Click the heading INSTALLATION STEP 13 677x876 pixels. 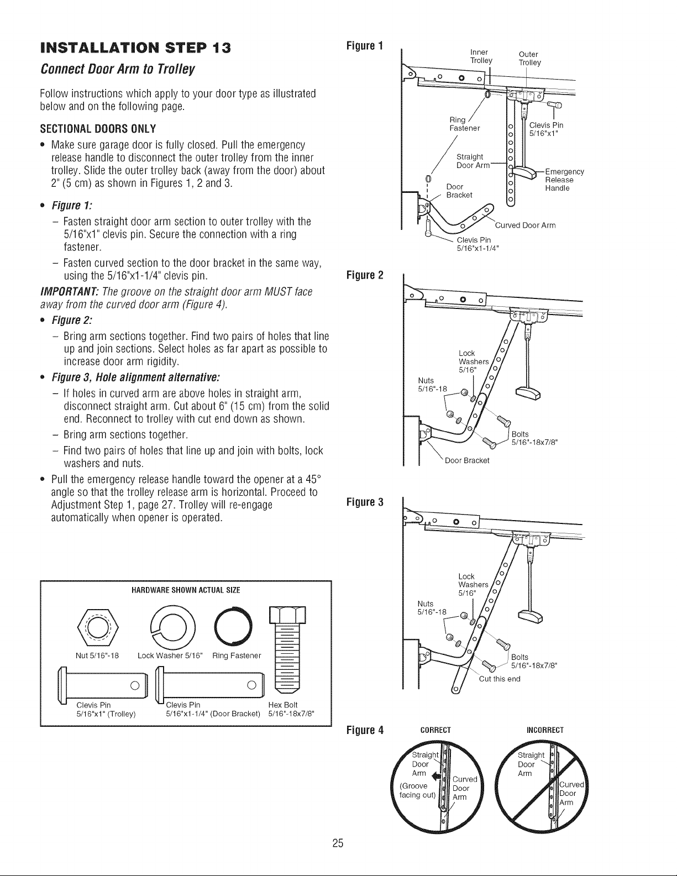pyautogui.click(x=136, y=48)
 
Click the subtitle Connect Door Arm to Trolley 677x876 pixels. pyautogui.click(x=117, y=69)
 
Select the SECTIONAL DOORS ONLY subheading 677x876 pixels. pyautogui.click(x=98, y=129)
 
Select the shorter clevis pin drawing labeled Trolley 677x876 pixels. pyautogui.click(x=104, y=684)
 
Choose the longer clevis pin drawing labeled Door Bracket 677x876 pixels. pyautogui.click(x=211, y=684)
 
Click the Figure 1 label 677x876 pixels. pyautogui.click(x=365, y=45)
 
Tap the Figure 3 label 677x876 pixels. pyautogui.click(x=365, y=502)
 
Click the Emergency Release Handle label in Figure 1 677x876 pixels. pyautogui.click(x=564, y=180)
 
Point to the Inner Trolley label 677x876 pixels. pyautogui.click(x=481, y=56)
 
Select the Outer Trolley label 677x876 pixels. pyautogui.click(x=529, y=59)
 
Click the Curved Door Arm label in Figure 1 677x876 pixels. pyautogui.click(x=525, y=225)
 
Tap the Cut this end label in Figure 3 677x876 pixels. pyautogui.click(x=500, y=679)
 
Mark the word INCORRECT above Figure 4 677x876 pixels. pyautogui.click(x=545, y=730)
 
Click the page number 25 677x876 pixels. pyautogui.click(x=338, y=843)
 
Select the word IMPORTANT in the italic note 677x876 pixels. pyautogui.click(x=70, y=291)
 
